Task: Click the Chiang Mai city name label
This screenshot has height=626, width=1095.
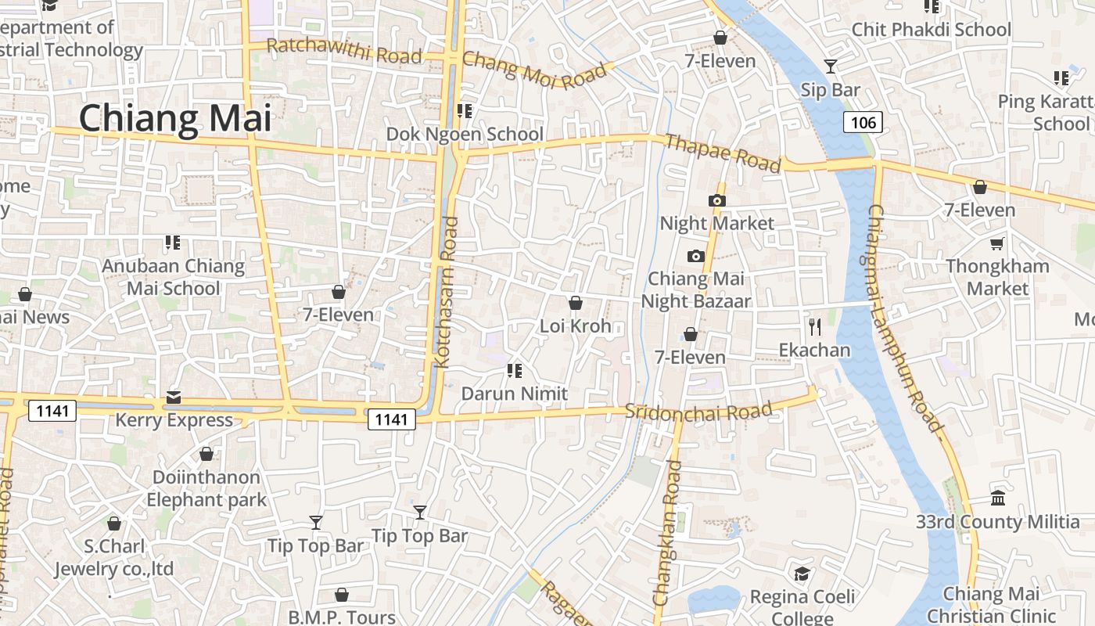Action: click(x=175, y=118)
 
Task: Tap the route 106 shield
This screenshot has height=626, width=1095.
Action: click(x=863, y=122)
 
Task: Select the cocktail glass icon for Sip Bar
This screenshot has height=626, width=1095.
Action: click(x=830, y=67)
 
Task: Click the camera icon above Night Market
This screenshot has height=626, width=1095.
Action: click(x=716, y=200)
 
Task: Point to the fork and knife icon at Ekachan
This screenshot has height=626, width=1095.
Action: click(x=814, y=326)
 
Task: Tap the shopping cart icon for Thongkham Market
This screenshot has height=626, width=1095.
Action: click(x=996, y=243)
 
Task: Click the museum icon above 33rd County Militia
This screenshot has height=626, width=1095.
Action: click(x=997, y=498)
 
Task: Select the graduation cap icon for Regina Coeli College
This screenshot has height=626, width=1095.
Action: click(x=802, y=574)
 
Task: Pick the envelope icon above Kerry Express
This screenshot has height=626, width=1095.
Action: click(x=174, y=398)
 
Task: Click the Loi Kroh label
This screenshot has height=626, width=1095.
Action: click(x=575, y=326)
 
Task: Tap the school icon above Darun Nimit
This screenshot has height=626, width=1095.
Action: click(x=514, y=370)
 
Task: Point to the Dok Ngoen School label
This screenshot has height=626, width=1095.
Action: click(x=465, y=134)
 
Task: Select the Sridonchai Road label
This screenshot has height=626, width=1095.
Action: click(x=698, y=411)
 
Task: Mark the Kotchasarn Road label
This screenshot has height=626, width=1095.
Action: click(x=446, y=292)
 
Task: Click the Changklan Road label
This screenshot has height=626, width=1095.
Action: click(x=668, y=532)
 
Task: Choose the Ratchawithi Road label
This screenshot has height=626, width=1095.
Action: click(x=344, y=52)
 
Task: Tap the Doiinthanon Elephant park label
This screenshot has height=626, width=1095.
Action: click(x=206, y=488)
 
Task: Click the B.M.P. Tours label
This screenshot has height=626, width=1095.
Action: click(x=341, y=617)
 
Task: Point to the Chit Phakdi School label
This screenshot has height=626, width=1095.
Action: click(x=931, y=30)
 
